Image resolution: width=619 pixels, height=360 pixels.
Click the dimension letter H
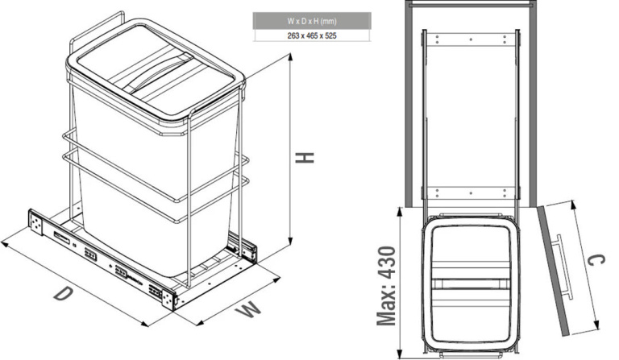305,158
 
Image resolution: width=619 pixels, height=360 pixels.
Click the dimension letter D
63,294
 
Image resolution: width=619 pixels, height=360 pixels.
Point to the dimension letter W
248,309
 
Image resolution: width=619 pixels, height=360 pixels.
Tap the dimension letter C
596,260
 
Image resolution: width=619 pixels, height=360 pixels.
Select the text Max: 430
386,286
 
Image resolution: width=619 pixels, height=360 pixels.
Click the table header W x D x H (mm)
312,21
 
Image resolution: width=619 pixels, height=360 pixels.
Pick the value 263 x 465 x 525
312,35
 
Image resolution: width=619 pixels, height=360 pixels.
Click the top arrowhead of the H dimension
291,58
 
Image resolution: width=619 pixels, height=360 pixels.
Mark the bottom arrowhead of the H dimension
291,241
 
